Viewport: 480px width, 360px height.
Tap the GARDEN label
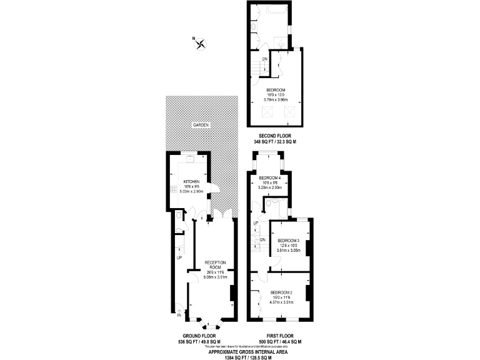201,125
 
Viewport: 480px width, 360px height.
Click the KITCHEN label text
191,181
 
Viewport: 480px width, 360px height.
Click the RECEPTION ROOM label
214,264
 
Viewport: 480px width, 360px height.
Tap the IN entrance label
179,315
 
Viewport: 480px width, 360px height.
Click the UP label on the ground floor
179,257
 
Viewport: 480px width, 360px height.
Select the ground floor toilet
179,216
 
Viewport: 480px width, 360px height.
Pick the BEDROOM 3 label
289,241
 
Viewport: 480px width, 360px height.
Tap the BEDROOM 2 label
281,292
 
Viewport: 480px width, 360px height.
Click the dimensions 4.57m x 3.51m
281,302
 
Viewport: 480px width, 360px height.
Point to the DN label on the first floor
262,239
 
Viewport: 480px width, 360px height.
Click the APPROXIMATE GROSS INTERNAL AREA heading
240,351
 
